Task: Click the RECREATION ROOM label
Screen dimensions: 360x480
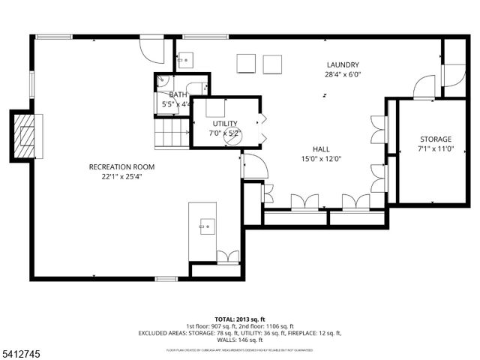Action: click(x=121, y=166)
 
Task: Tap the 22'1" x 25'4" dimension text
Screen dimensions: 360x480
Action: click(x=121, y=177)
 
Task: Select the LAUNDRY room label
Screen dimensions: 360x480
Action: click(x=343, y=65)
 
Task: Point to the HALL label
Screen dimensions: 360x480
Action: click(x=322, y=148)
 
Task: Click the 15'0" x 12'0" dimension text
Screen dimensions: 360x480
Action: click(x=322, y=159)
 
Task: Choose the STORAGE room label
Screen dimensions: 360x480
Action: click(x=435, y=139)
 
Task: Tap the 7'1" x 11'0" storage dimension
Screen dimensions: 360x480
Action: click(x=435, y=149)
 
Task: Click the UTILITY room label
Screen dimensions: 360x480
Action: click(x=224, y=124)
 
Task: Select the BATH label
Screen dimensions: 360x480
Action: click(x=178, y=94)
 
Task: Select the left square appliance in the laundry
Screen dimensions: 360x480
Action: click(x=247, y=64)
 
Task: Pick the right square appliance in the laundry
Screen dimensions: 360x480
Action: click(x=273, y=64)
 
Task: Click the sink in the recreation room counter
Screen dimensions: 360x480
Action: click(x=202, y=223)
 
